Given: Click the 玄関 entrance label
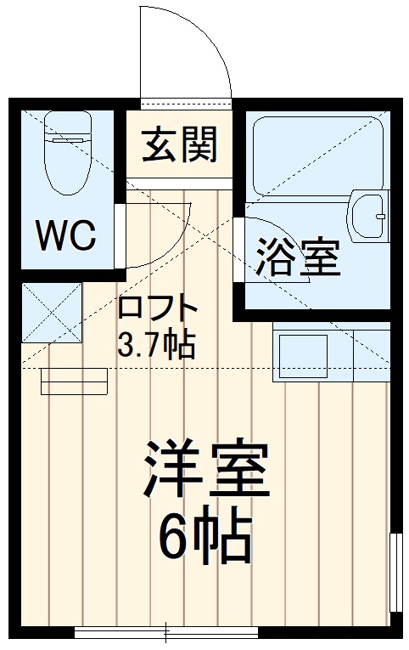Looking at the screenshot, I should [179, 144].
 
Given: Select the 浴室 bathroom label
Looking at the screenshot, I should [296, 256].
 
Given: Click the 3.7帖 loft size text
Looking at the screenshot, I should [157, 344].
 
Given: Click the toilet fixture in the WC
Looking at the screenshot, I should [66, 161].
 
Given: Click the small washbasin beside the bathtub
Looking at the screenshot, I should [369, 217].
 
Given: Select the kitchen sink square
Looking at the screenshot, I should [300, 355].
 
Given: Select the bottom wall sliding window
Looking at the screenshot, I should [165, 632].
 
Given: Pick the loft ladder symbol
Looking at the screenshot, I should [74, 382].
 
